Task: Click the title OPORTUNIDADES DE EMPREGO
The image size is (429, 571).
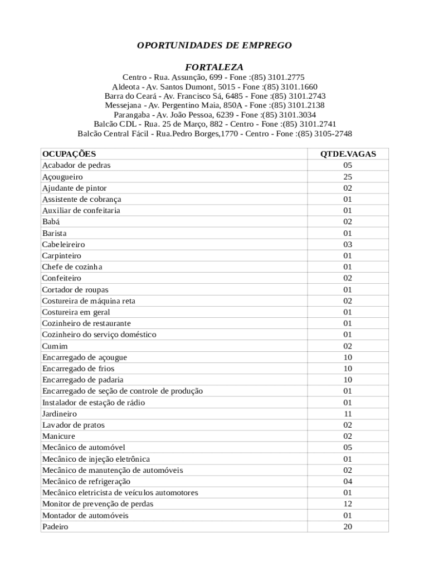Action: point(214,45)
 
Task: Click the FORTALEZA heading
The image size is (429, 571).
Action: point(214,67)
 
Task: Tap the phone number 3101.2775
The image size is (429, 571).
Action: point(286,77)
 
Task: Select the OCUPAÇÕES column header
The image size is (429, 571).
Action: point(69,154)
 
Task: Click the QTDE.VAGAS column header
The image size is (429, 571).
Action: point(348,154)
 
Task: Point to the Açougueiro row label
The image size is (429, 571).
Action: point(62,177)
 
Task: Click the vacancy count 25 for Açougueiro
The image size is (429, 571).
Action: point(348,177)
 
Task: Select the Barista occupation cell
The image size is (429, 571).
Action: point(55,233)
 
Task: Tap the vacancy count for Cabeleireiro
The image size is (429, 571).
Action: point(348,244)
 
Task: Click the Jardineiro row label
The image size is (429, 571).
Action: point(60,414)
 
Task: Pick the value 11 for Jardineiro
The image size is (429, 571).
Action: point(348,414)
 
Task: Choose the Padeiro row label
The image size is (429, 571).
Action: point(55,526)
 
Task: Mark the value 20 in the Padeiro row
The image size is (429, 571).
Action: point(348,526)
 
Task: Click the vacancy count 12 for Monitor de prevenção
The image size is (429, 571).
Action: point(348,504)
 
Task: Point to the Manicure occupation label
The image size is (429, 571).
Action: point(58,436)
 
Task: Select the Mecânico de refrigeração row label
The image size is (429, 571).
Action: point(86,481)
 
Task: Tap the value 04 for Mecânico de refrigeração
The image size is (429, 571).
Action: point(348,481)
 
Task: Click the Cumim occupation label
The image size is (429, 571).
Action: point(55,346)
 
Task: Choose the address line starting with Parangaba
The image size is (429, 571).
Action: point(214,115)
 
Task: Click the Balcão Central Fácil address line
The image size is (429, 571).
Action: point(214,134)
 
